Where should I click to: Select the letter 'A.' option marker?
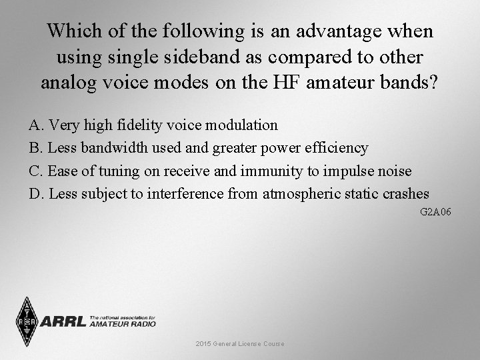click(x=35, y=125)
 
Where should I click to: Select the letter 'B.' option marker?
click(x=35, y=147)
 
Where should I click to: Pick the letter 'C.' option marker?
click(x=35, y=171)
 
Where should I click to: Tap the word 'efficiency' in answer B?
click(x=338, y=147)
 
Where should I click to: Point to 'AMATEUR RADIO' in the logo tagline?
click(x=123, y=324)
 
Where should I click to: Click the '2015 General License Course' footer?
click(x=240, y=343)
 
